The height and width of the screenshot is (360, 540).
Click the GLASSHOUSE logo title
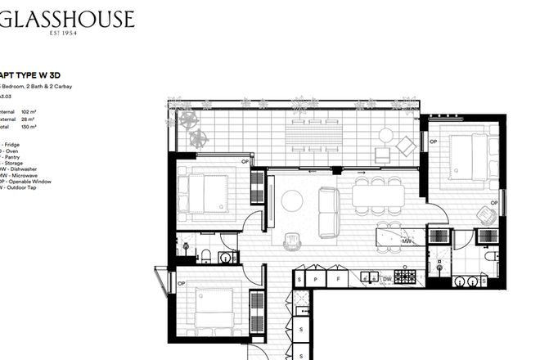click(67, 19)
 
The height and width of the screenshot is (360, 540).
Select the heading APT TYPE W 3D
click(34, 71)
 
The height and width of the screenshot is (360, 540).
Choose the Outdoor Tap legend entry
click(25, 187)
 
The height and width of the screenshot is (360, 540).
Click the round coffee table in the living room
click(292, 200)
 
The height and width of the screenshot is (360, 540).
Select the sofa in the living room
click(329, 211)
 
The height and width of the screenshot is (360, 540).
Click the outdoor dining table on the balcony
click(316, 131)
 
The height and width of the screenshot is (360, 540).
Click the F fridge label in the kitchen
click(338, 279)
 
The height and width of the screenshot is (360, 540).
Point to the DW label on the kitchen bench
click(387, 279)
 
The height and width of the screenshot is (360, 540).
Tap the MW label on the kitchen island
click(407, 241)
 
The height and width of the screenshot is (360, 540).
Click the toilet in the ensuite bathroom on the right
click(490, 257)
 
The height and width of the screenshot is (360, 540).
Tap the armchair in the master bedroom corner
click(486, 215)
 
